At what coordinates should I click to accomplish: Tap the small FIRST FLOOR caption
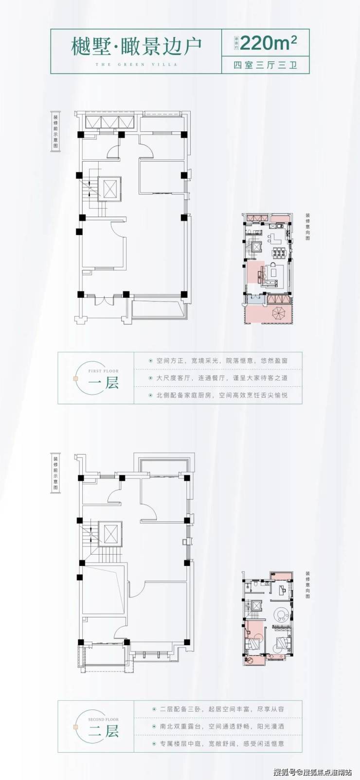103,371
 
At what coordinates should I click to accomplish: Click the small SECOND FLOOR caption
103,719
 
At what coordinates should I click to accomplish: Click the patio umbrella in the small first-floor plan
280,312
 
